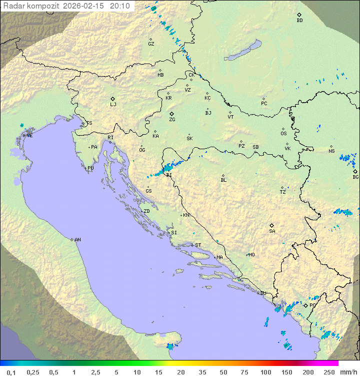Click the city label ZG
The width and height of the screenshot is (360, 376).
click(172, 120)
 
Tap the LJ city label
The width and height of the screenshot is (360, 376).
click(113, 105)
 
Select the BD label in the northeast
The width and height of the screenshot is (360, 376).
click(299, 21)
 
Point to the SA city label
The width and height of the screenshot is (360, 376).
click(272, 231)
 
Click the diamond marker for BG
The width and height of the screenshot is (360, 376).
click(355, 171)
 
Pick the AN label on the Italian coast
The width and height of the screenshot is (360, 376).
click(77, 240)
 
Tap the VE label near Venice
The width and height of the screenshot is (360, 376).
click(29, 136)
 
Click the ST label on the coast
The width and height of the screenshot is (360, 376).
click(198, 245)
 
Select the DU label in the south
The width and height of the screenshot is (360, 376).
click(262, 293)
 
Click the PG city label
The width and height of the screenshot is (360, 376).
click(312, 305)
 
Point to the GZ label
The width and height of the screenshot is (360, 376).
click(151, 44)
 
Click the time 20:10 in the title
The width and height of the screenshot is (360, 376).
click(119, 6)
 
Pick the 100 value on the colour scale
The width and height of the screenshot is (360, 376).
click(265, 372)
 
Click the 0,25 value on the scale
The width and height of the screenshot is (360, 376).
click(33, 372)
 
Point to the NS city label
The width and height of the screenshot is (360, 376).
click(331, 151)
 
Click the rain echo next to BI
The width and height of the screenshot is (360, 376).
click(167, 168)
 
